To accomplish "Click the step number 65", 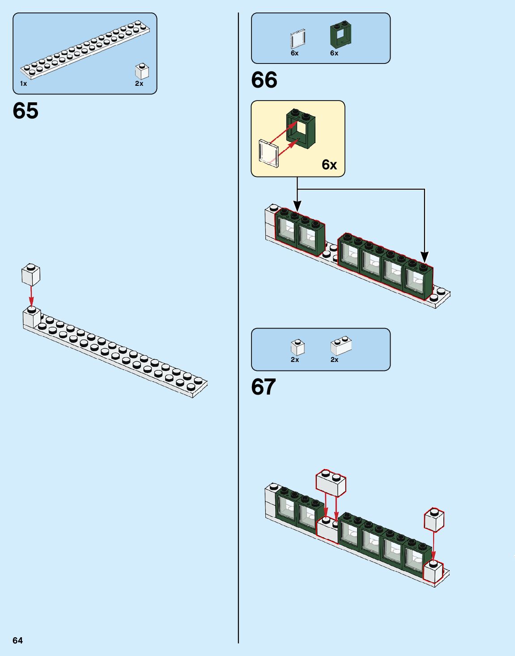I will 26,110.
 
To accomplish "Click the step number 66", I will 264,80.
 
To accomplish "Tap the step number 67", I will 264,387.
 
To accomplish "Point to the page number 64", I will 17,640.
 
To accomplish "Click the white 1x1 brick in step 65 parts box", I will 142,71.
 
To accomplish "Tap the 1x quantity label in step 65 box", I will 23,84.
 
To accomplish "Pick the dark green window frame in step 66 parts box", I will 340,34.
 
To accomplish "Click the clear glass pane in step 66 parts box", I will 298,39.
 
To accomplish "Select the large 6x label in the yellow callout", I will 329,165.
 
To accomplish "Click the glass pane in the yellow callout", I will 268,153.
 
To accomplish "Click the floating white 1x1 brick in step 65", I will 31,274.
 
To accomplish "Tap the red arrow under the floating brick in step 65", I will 31,296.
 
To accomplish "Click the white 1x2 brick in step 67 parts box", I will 341,346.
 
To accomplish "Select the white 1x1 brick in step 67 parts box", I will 298,348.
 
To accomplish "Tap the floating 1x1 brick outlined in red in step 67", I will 434,519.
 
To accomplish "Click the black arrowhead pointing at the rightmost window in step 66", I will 425,257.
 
